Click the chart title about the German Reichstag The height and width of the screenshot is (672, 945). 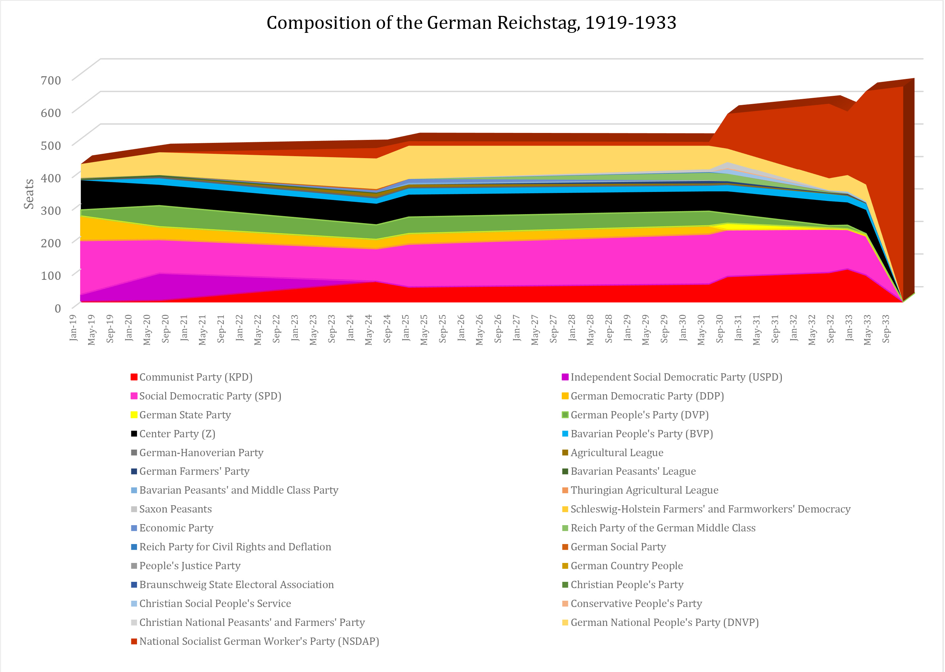point(471,23)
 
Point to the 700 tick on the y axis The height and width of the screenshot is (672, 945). point(51,80)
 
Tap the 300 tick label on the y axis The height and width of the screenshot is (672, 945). point(51,210)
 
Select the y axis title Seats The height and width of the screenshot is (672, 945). point(29,194)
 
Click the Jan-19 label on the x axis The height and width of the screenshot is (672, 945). point(73,328)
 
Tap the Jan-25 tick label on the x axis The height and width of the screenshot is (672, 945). point(406,328)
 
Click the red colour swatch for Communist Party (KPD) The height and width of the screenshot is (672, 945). point(134,377)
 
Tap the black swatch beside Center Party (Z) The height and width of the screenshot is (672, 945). point(134,434)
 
